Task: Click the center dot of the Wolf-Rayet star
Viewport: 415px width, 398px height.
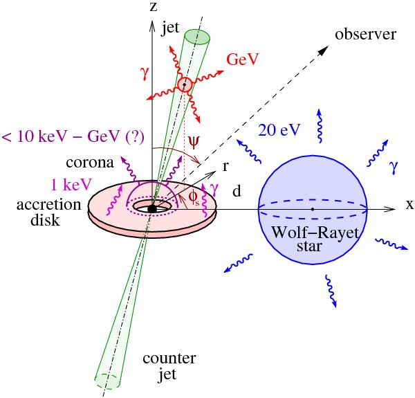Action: (x=313, y=208)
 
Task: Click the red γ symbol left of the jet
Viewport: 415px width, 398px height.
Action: (x=125, y=72)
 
